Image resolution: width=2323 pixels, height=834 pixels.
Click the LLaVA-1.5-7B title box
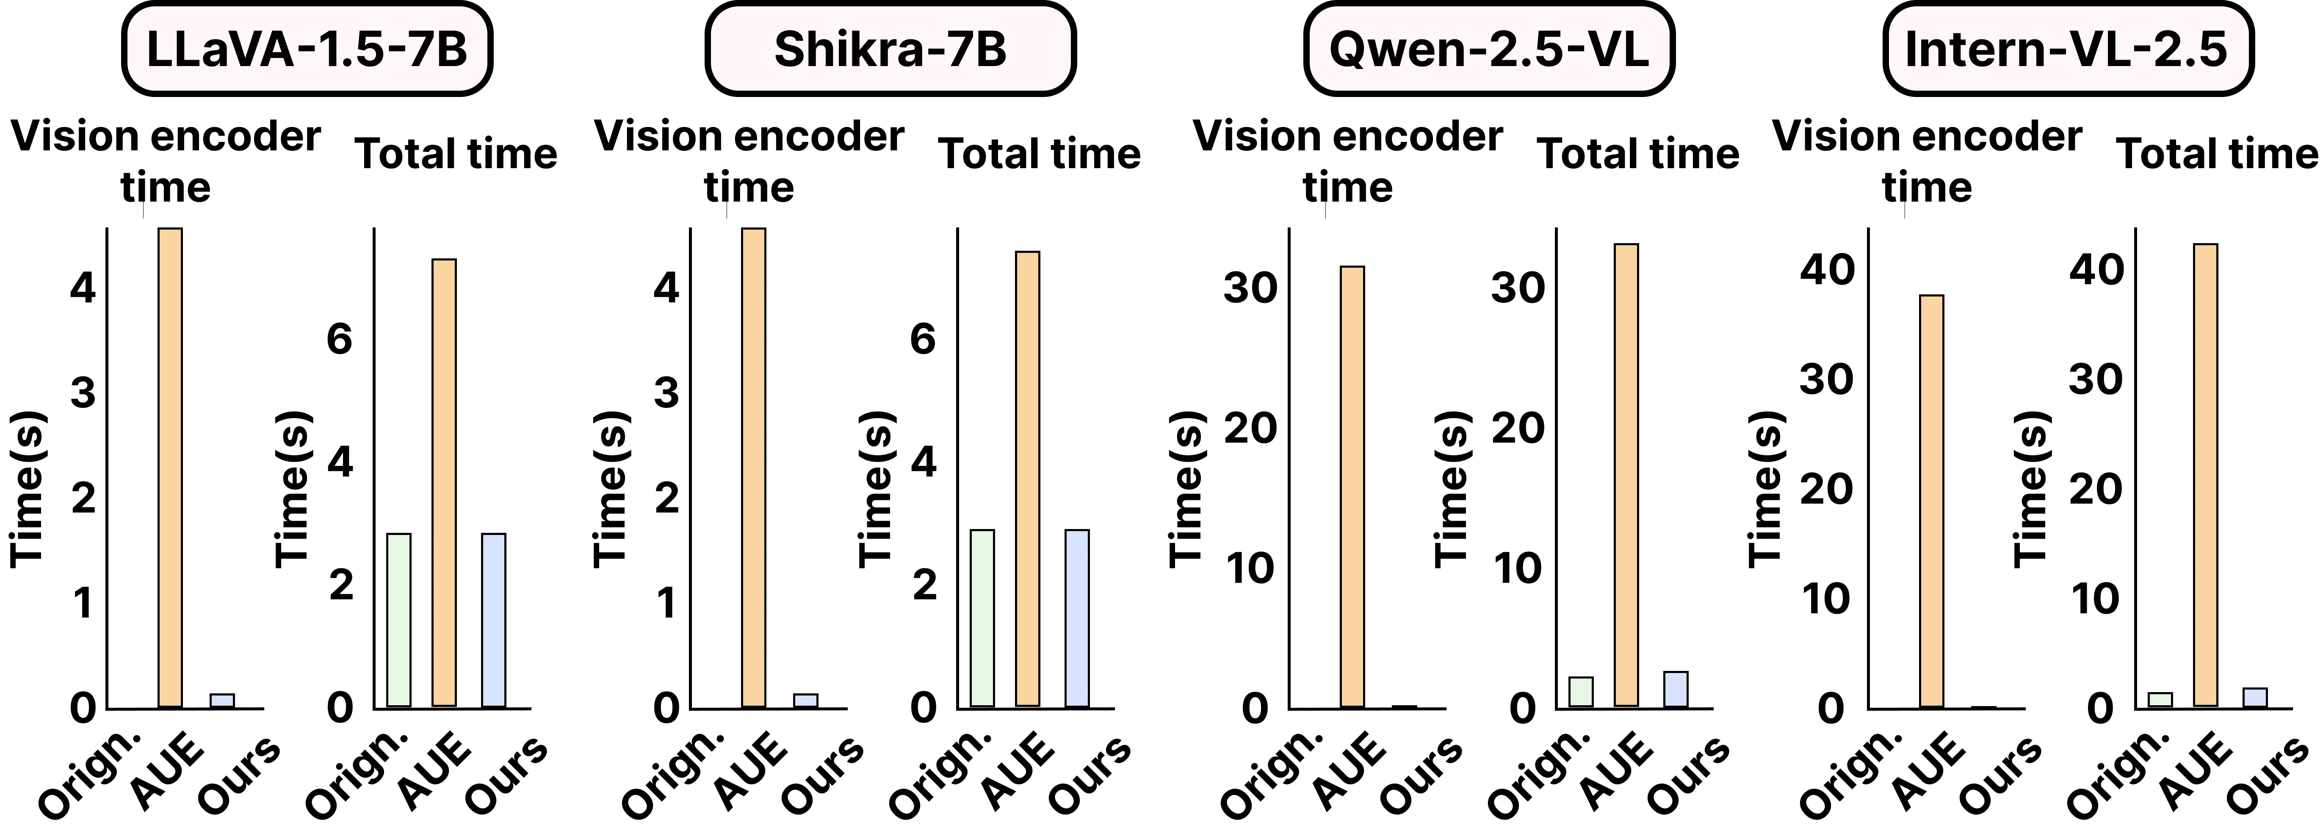tap(307, 49)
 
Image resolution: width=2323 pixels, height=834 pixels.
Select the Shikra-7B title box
tap(890, 49)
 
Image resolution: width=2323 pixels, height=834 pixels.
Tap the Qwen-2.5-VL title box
tap(1489, 49)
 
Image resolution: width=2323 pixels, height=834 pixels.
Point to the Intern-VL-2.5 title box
tap(2068, 49)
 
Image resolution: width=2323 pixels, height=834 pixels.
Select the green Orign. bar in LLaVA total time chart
tap(398, 621)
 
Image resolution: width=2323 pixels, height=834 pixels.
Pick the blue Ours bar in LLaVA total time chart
tap(493, 621)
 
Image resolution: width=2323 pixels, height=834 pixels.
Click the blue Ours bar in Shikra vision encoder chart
tap(805, 701)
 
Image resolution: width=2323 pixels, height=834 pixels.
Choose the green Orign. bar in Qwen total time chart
tap(1581, 692)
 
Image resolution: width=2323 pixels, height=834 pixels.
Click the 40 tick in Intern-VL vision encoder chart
tap(1827, 269)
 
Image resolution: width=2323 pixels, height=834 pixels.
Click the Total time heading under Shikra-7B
tap(1040, 154)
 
